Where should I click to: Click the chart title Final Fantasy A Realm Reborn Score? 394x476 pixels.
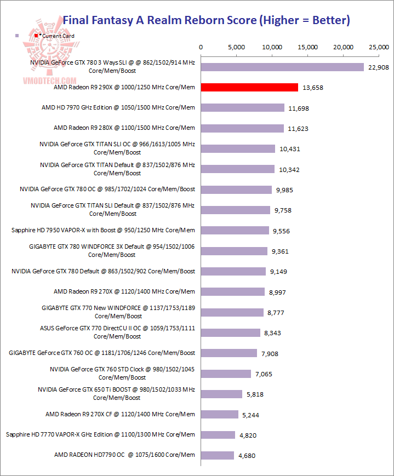point(207,20)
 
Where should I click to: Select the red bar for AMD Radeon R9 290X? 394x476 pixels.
point(249,87)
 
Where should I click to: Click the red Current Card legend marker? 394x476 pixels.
point(36,36)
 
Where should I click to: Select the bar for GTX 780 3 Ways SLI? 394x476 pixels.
point(282,67)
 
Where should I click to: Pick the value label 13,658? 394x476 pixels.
point(314,88)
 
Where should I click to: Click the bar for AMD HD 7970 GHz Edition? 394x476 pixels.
point(243,108)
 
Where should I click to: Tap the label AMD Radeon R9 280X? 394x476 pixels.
point(124,128)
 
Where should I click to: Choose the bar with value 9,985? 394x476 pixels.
point(236,190)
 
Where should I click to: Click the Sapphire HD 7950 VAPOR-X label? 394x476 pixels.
point(103,230)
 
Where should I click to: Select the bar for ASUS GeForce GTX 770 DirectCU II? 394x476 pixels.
point(231,332)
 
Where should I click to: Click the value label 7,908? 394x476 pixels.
point(270,354)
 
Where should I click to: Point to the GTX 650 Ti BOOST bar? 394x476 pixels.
point(221,394)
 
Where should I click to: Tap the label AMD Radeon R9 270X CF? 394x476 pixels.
point(120,414)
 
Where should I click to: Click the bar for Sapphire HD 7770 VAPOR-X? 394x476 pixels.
point(218,435)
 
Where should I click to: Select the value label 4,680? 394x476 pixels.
point(247,456)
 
